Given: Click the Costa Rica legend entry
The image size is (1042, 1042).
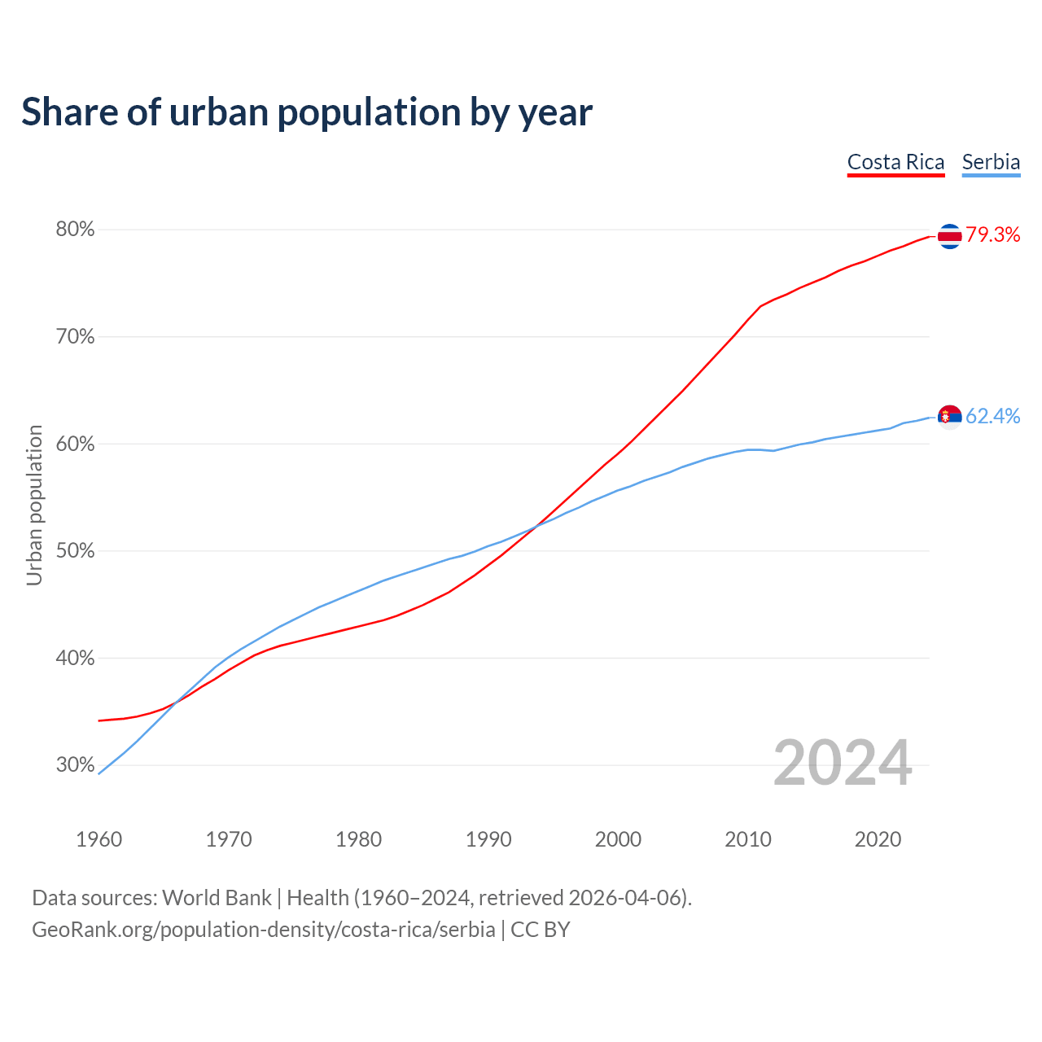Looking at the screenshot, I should [x=895, y=162].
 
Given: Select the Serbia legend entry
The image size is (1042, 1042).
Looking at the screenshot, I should [x=991, y=162].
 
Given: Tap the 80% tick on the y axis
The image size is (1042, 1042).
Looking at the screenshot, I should [x=75, y=230].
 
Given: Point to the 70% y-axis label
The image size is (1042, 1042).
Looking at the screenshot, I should [x=75, y=337].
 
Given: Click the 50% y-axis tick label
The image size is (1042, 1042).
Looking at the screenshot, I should [x=75, y=551].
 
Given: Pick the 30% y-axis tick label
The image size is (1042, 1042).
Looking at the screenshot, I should [x=75, y=765].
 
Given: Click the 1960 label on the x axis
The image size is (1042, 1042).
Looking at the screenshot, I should [x=99, y=839].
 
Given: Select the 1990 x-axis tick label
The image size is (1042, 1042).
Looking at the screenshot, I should [x=488, y=839].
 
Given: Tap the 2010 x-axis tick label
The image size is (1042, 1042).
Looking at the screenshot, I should [x=748, y=839].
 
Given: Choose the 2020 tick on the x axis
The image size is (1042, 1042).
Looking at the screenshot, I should [x=878, y=839].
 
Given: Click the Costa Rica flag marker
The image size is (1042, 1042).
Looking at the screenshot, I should [x=950, y=236].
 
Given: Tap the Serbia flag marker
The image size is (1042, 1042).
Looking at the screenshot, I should [x=950, y=417].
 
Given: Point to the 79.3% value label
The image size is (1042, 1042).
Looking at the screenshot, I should [x=993, y=235].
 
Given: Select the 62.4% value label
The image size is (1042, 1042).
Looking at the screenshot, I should [x=993, y=416].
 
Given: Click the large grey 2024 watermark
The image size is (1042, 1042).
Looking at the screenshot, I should [x=843, y=764].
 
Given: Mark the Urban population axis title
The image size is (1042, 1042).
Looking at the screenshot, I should [x=34, y=505].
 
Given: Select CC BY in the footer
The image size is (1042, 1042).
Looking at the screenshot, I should [x=541, y=930].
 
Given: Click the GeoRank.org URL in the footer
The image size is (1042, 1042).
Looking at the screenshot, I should [x=263, y=930].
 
